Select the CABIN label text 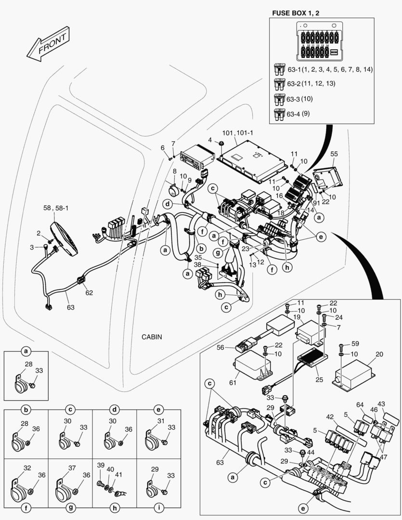tap(152, 337)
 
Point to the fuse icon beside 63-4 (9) tap(279, 114)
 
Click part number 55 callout tap(334, 155)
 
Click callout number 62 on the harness tap(89, 292)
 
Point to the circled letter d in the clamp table tap(115, 410)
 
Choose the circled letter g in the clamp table tap(70, 507)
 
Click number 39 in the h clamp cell tap(101, 465)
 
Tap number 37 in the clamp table tap(72, 468)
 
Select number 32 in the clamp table tap(27, 468)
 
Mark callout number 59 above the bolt tap(355, 344)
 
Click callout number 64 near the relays tap(360, 404)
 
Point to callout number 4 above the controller tap(210, 140)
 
